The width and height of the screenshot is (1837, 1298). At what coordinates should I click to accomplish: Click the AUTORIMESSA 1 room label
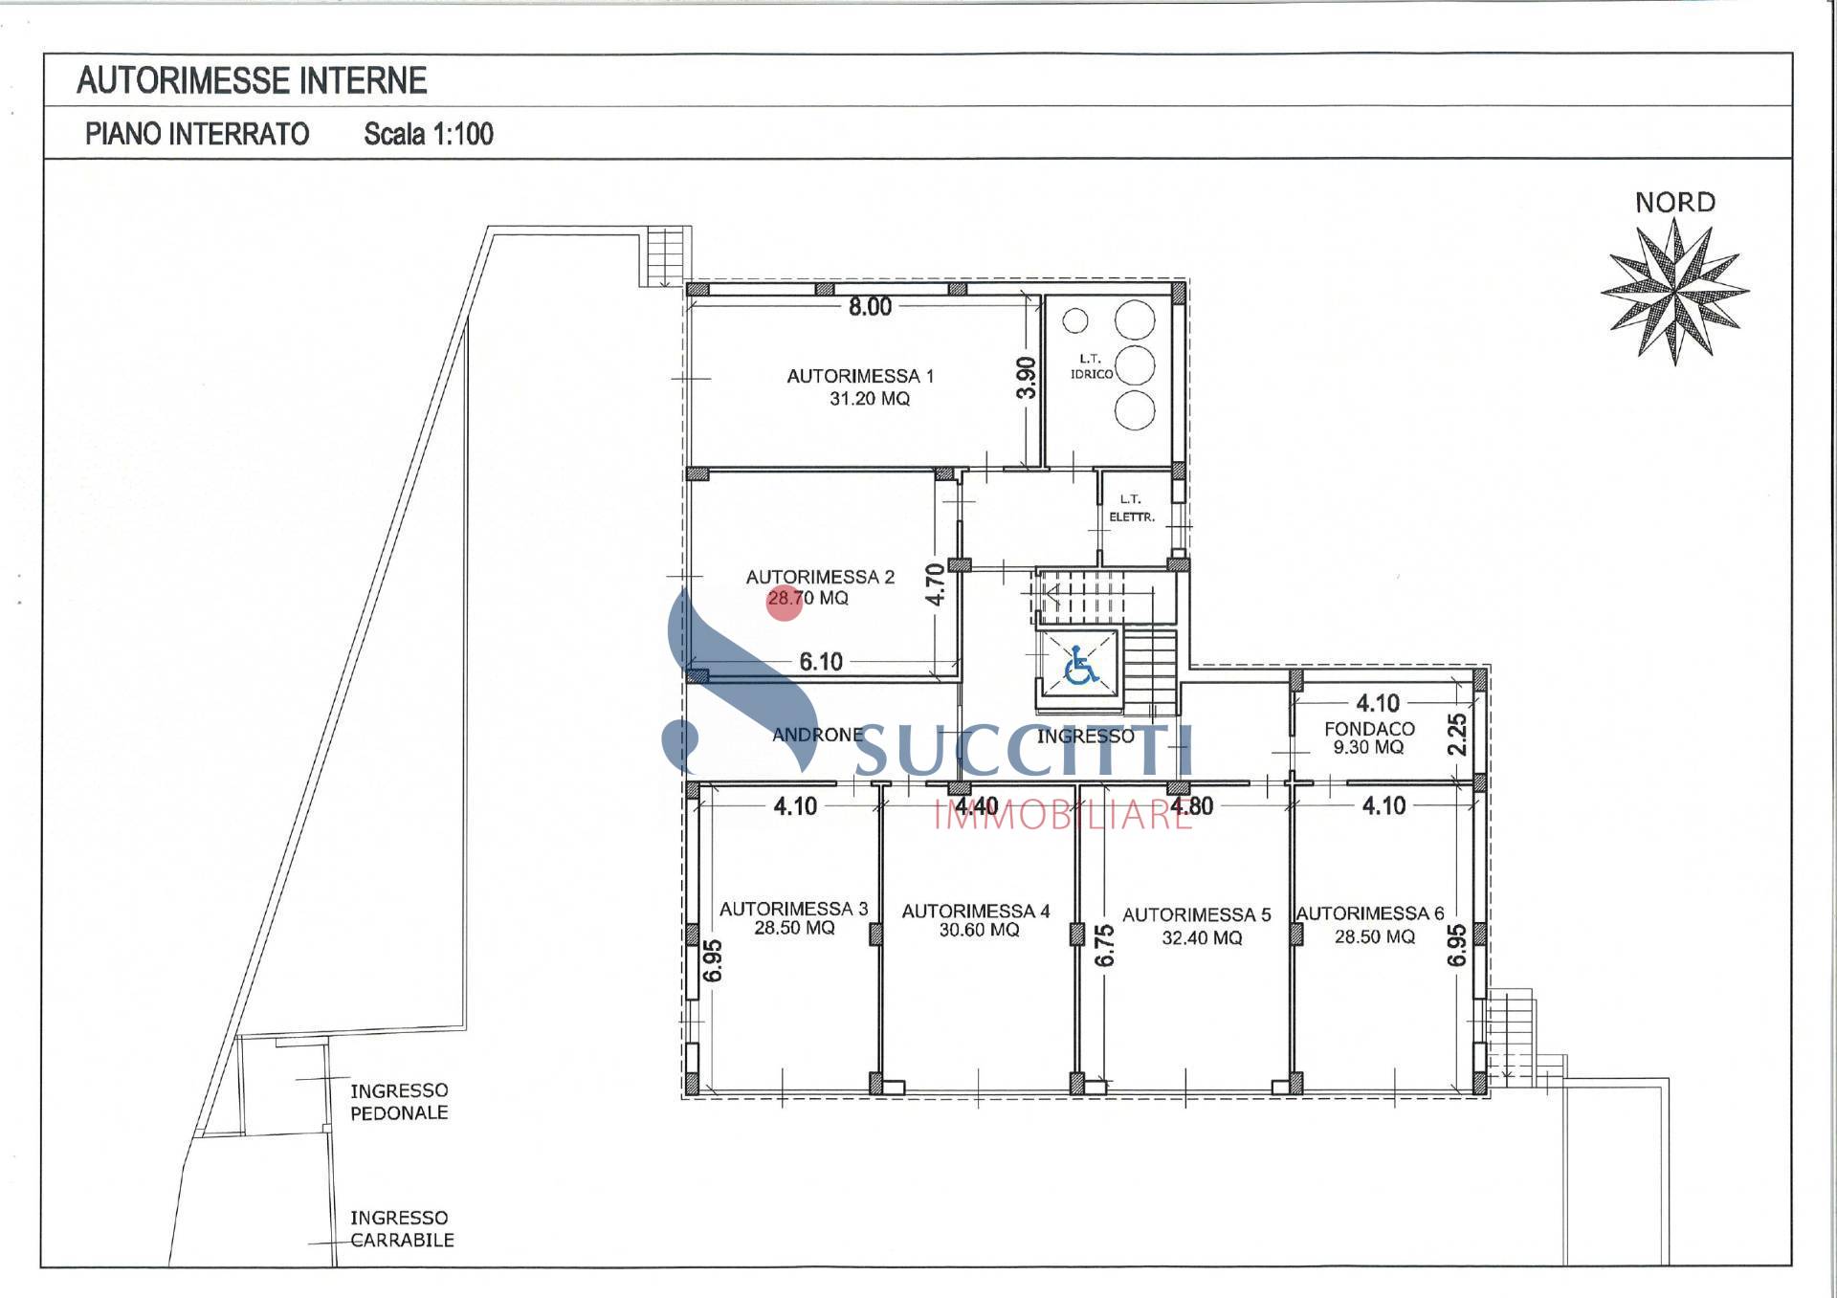coord(860,376)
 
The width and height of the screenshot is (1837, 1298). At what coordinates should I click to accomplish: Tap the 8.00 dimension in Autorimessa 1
coord(870,307)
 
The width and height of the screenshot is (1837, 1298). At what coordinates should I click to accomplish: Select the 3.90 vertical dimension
coord(1026,378)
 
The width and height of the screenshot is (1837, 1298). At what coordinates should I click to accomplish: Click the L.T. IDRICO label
coord(1091,366)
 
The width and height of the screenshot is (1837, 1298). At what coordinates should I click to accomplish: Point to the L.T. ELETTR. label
coord(1132,508)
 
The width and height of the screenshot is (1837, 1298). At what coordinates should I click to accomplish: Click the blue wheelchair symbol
coord(1081,666)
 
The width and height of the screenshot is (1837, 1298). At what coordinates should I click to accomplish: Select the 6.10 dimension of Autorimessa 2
coord(821,662)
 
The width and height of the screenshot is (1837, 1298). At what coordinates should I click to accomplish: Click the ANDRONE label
coord(817,735)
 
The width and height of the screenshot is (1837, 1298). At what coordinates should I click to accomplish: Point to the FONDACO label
coord(1369,729)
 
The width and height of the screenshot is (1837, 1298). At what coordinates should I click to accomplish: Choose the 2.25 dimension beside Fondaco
coord(1457,735)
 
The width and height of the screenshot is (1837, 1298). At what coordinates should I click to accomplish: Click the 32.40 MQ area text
coord(1202,938)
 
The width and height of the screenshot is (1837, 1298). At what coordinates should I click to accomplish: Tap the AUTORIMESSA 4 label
coord(976,912)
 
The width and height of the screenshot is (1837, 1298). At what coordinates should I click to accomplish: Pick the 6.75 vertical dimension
coord(1105,945)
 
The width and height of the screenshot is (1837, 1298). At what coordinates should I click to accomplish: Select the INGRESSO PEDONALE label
coord(399,1102)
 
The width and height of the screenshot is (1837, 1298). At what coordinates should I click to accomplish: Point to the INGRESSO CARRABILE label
coord(402,1229)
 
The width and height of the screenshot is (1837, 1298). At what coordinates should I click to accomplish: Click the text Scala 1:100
coord(429,134)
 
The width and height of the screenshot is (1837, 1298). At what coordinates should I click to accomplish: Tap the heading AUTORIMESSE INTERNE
coord(252,80)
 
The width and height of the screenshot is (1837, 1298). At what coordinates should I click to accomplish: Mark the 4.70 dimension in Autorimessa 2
coord(936,583)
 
